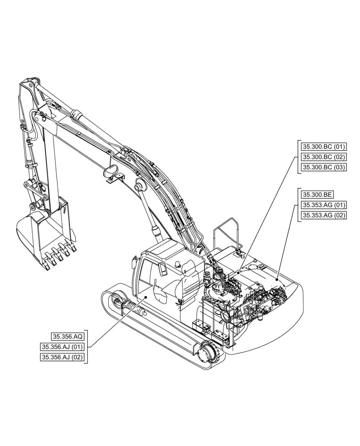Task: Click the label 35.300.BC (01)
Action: tap(323, 147)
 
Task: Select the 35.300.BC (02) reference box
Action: tap(323, 157)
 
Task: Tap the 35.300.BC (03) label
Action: tap(323, 167)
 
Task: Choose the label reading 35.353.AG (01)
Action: tap(323, 205)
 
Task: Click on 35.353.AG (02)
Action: tap(323, 215)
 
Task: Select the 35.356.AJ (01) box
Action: tap(62, 347)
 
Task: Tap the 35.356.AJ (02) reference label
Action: tap(62, 357)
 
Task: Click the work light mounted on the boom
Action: tap(111, 172)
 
